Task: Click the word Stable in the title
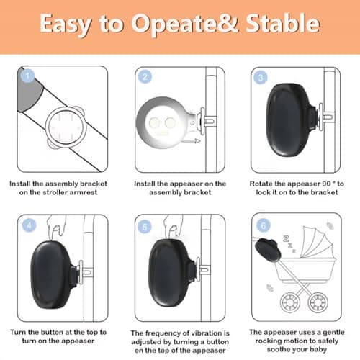pos(283,23)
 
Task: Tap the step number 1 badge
pos(27,76)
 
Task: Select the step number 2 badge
pos(145,77)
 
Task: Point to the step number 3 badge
pos(261,77)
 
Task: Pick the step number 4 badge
pos(30,225)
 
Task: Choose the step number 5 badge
pos(145,227)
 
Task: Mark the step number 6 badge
pos(264,225)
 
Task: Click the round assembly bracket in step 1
pos(66,127)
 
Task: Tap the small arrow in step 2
pos(190,141)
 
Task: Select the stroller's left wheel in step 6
pos(289,302)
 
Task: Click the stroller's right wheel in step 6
pos(318,302)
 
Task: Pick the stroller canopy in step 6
pos(318,242)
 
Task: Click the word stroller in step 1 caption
pos(52,192)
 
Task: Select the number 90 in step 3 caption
pos(326,184)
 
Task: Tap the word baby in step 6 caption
pos(318,349)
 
